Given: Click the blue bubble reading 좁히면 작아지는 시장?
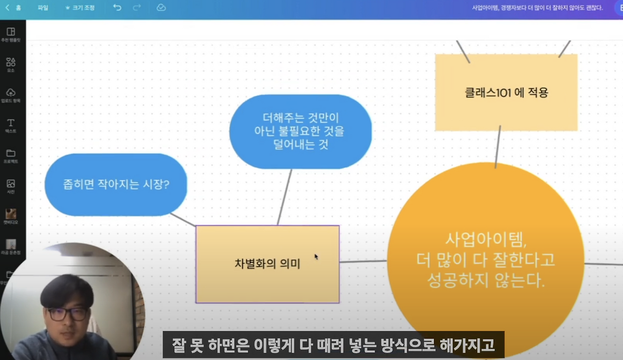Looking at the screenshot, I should click(x=116, y=185).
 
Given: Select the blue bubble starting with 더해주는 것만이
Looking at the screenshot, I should click(x=300, y=131).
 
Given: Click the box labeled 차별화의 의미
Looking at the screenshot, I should click(x=267, y=264).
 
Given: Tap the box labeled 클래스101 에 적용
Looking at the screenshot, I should click(x=506, y=92).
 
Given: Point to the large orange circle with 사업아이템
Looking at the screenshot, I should click(x=485, y=260).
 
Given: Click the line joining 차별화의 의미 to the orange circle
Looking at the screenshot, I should click(x=363, y=262).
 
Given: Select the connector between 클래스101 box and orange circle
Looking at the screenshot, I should click(x=498, y=146).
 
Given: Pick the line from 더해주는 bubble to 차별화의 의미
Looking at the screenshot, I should click(x=285, y=197).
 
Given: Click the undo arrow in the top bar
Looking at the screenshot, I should click(x=117, y=8).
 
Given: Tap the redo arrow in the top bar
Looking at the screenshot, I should click(x=137, y=8).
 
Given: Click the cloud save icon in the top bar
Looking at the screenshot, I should click(x=161, y=8).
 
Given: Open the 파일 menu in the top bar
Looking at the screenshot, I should click(x=43, y=8).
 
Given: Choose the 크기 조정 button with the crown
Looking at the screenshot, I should click(x=80, y=8).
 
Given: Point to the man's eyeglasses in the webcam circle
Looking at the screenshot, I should click(x=68, y=314).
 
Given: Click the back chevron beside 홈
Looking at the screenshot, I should click(x=7, y=8).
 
